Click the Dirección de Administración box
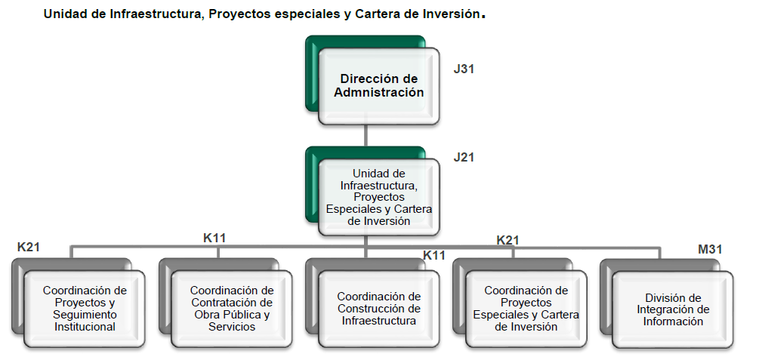click(378, 86)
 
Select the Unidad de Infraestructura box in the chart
click(379, 197)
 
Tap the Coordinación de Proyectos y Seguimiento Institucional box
click(85, 308)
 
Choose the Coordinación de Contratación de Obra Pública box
click(232, 308)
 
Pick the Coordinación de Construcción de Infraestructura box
click(378, 309)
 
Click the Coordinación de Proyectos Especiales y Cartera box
click(526, 308)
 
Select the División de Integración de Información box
click(673, 309)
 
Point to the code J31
click(463, 69)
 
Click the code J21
click(463, 157)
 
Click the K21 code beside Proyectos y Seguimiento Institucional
click(29, 247)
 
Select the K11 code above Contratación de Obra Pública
click(214, 238)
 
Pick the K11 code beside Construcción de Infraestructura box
click(433, 255)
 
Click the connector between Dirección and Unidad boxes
click(365, 135)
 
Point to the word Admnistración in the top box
click(378, 93)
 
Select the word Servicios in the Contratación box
click(232, 327)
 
